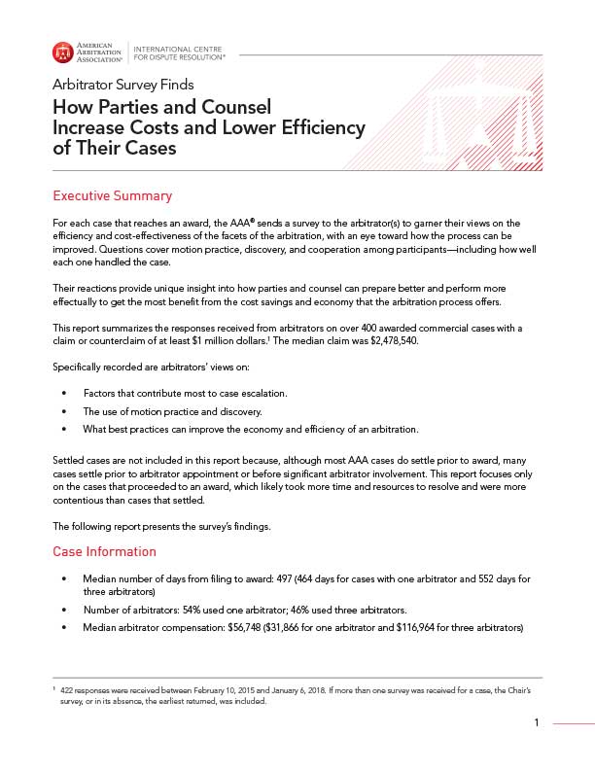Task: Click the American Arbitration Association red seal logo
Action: (x=62, y=52)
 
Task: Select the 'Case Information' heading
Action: (x=104, y=551)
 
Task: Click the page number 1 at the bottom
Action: (x=536, y=722)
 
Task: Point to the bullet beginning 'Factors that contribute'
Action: (x=184, y=392)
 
